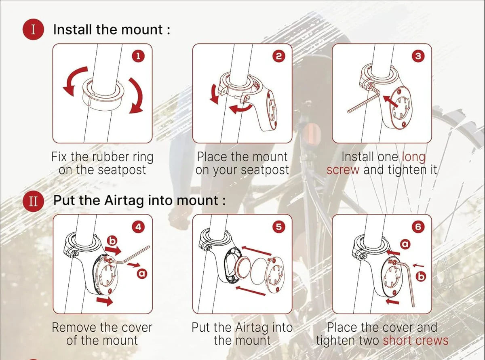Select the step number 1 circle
click(x=138, y=57)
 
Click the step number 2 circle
click(x=278, y=57)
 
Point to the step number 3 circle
click(x=418, y=57)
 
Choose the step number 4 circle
click(x=138, y=227)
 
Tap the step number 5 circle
click(x=278, y=227)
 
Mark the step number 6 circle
click(x=418, y=227)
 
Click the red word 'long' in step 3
click(x=413, y=157)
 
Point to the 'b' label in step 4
click(x=112, y=241)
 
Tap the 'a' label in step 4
click(x=142, y=274)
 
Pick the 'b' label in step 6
click(x=421, y=276)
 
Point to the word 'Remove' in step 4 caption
click(x=74, y=327)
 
